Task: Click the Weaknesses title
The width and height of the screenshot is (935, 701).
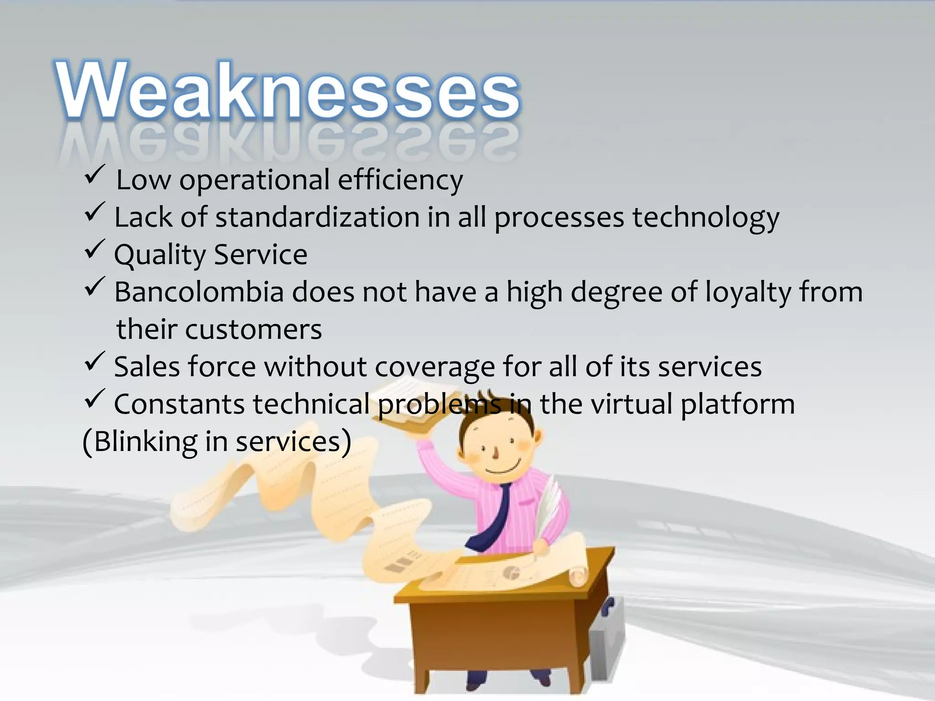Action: tap(288, 91)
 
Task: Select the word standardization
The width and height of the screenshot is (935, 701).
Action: tap(317, 217)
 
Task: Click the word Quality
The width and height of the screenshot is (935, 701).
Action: tap(160, 255)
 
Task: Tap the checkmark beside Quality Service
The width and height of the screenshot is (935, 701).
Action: tap(95, 250)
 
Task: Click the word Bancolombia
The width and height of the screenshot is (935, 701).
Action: tap(199, 292)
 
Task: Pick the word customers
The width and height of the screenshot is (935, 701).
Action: tap(253, 330)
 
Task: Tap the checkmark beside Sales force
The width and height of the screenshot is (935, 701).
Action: tap(95, 362)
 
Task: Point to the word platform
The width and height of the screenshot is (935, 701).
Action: tap(737, 404)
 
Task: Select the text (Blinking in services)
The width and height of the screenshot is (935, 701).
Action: tap(217, 442)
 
